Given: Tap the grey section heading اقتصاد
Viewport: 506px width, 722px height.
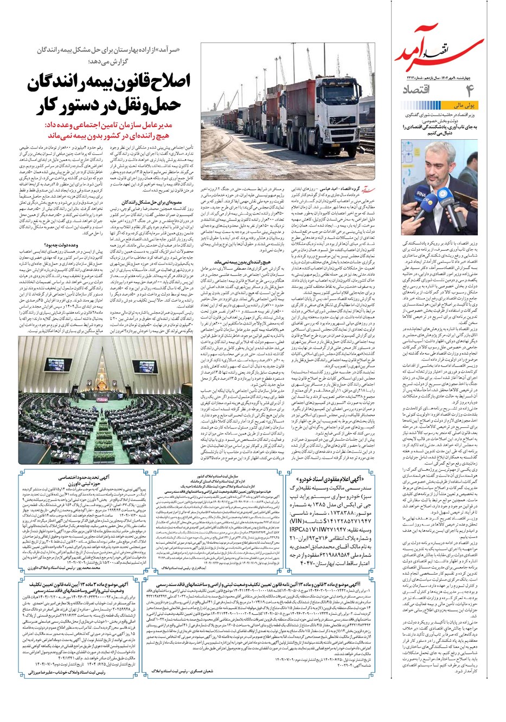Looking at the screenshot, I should click(x=420, y=89).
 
